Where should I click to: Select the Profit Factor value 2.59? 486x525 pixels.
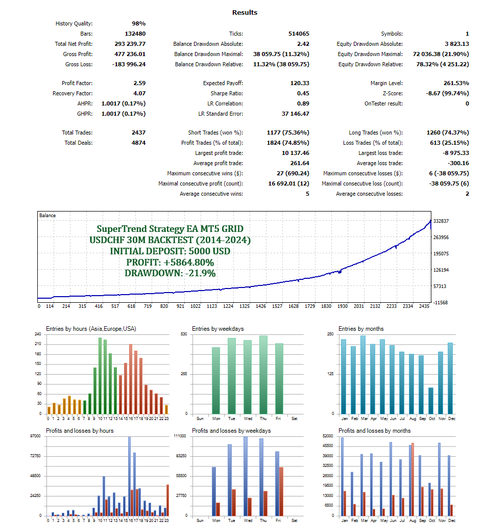pos(139,83)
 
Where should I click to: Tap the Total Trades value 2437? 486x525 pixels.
pos(138,133)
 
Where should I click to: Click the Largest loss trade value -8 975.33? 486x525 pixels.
pos(453,153)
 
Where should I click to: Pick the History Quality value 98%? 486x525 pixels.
pos(138,23)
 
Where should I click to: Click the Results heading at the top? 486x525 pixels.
pos(245,12)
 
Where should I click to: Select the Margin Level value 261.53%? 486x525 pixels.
pos(453,83)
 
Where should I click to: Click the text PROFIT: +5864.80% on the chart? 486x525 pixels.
pos(170,262)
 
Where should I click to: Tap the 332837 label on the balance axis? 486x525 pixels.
pos(442,221)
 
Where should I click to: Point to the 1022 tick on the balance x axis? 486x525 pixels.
pos(196,306)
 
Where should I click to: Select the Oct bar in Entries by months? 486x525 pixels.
pos(431,401)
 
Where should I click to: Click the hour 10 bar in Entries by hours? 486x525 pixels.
pos(100,376)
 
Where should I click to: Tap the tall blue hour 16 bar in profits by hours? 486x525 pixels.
pos(129,476)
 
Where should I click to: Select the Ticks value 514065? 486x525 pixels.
pos(299,34)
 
